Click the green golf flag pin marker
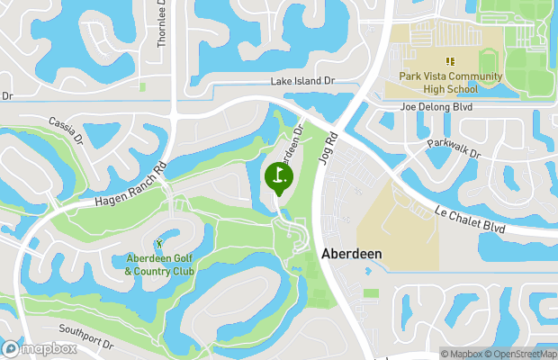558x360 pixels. [278, 175]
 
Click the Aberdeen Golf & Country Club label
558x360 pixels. [159, 265]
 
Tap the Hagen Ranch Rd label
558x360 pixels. [130, 185]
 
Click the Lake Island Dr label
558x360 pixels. [302, 81]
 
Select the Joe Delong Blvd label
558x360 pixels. [436, 106]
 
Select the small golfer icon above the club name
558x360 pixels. [159, 243]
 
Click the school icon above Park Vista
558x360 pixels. [450, 61]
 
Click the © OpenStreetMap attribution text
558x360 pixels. [520, 354]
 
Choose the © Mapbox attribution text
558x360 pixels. [463, 354]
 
